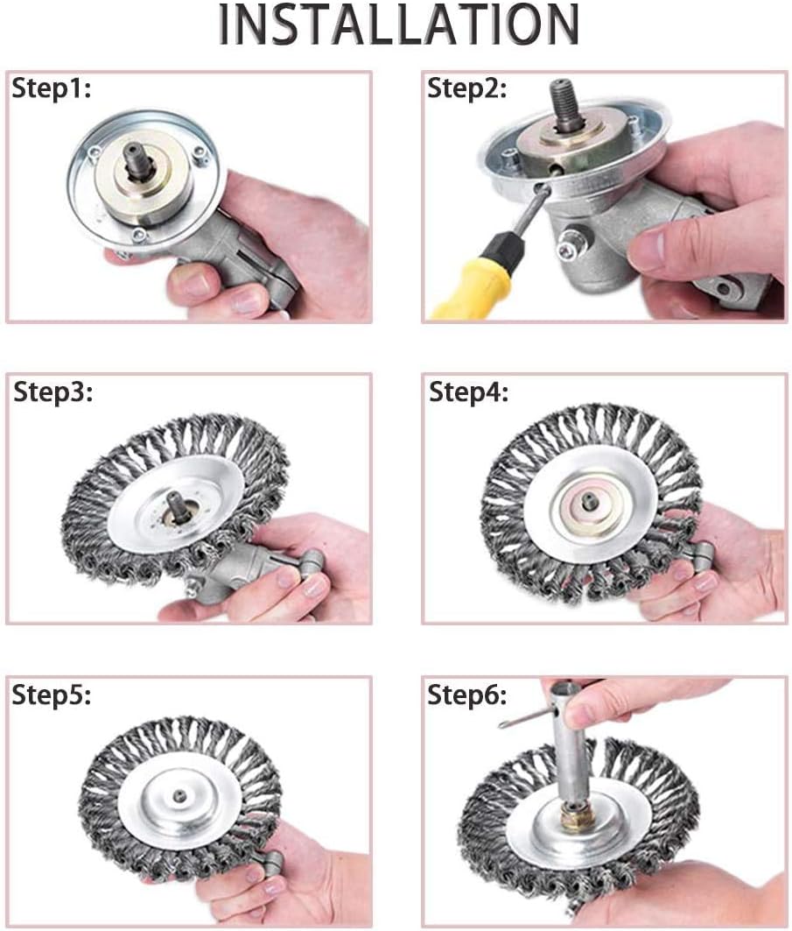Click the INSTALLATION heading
[x=397, y=26]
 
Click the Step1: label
[x=52, y=90]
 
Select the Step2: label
[x=466, y=88]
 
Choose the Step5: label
[x=52, y=695]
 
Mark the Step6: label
[x=467, y=695]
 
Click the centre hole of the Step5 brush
[x=179, y=795]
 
